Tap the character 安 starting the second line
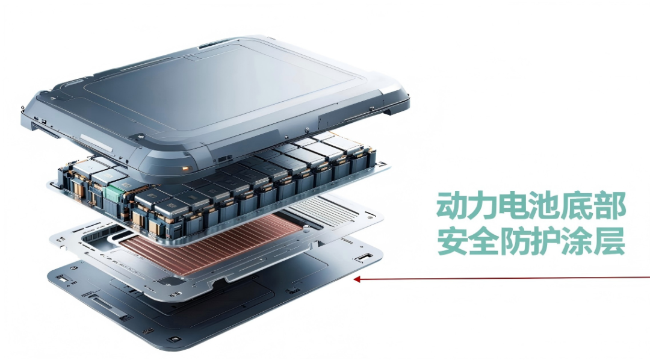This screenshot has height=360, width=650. click(x=452, y=241)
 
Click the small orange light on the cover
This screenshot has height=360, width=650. click(x=185, y=169)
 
